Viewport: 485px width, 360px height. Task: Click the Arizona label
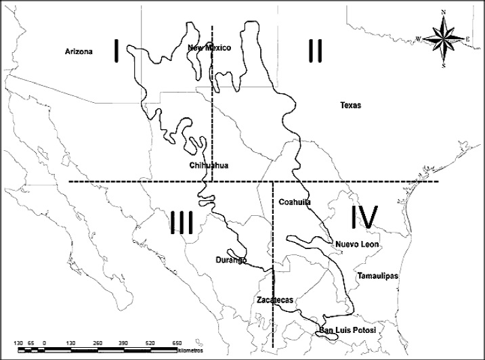(x=79, y=51)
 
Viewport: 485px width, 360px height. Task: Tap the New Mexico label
(x=209, y=48)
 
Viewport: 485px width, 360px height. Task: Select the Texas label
(x=351, y=106)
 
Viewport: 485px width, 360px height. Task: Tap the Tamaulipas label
(x=377, y=275)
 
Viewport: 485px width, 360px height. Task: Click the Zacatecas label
(x=274, y=299)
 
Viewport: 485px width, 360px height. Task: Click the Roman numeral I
(x=117, y=50)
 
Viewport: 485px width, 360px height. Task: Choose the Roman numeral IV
(x=363, y=218)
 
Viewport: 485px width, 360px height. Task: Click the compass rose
(x=443, y=39)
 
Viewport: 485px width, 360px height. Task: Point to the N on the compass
(x=443, y=12)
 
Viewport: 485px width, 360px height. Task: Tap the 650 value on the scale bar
(x=177, y=343)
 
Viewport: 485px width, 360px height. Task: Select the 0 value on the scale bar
(x=44, y=343)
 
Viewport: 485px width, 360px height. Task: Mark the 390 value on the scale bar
(x=124, y=343)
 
